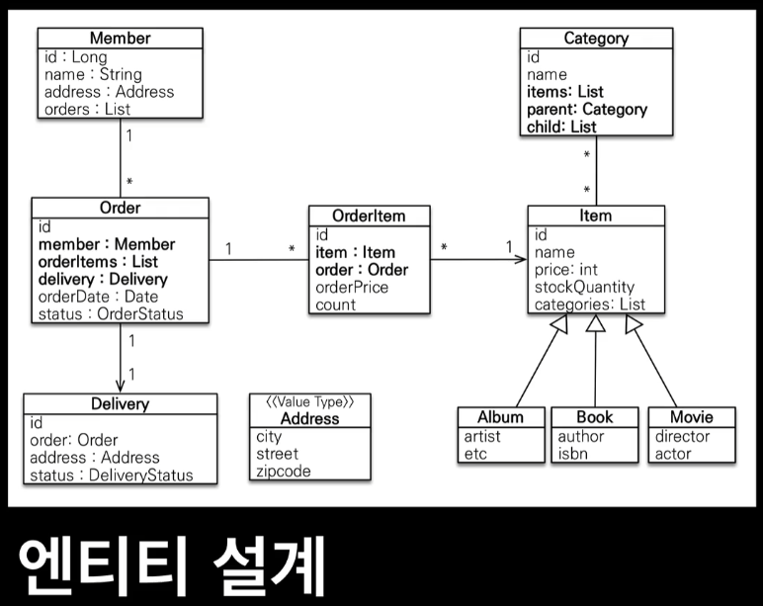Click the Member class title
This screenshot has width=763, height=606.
click(x=121, y=39)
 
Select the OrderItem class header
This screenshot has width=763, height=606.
click(x=369, y=216)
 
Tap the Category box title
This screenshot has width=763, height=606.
click(x=596, y=39)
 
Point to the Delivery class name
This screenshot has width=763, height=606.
click(x=120, y=403)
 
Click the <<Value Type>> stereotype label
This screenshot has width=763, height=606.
click(x=309, y=401)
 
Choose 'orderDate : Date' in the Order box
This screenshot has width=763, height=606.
click(x=98, y=297)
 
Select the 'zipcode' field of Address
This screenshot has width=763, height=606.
click(x=283, y=472)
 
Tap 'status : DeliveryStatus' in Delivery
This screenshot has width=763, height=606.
click(x=111, y=476)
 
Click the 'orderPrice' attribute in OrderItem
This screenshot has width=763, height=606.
click(x=352, y=288)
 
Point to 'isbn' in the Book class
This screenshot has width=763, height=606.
click(x=573, y=454)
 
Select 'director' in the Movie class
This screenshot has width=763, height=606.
click(x=682, y=436)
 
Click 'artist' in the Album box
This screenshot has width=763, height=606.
click(x=482, y=436)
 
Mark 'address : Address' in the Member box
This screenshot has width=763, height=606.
click(x=109, y=92)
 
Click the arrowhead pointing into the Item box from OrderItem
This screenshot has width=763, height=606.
click(x=521, y=260)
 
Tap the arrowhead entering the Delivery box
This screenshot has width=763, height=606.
click(x=121, y=387)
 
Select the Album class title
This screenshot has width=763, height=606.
click(x=500, y=416)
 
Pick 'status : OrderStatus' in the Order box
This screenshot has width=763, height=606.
click(x=110, y=314)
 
